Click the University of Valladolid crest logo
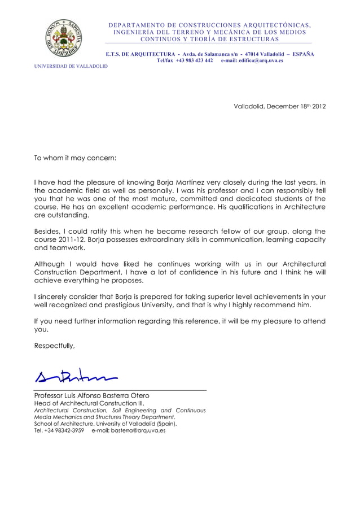pos(66,38)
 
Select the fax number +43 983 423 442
pos(194,60)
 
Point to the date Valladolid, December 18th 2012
pos(279,106)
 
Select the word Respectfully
pos(54,346)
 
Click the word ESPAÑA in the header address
pos(303,54)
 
